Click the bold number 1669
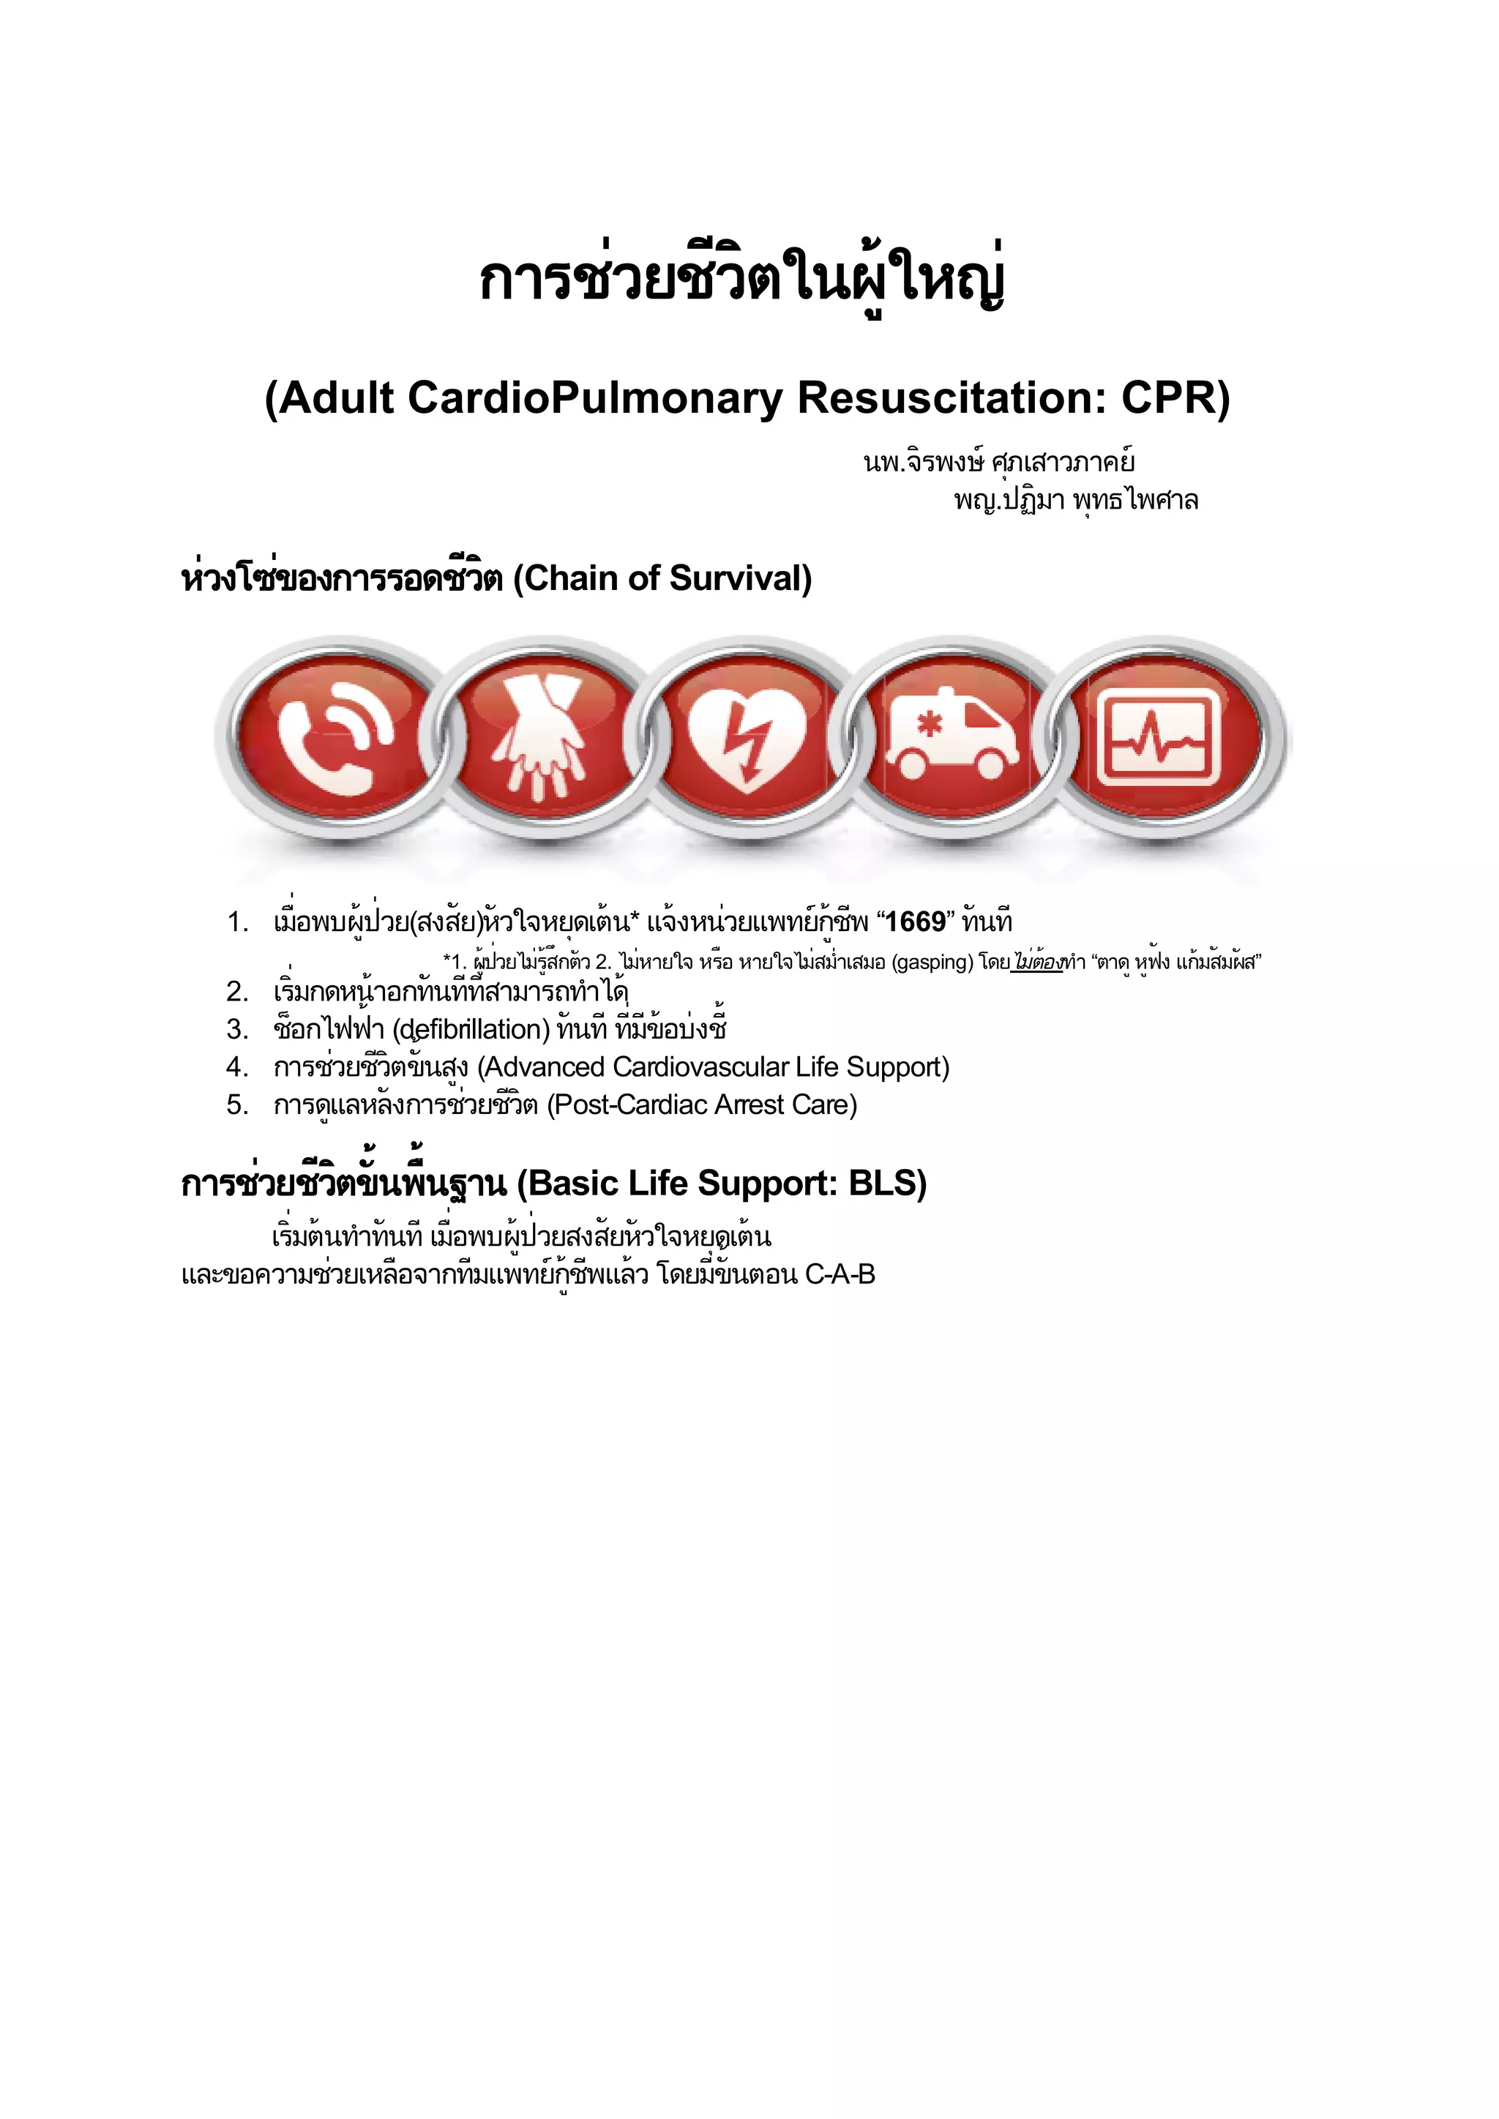tap(916, 922)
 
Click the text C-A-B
tap(840, 1274)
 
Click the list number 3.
tap(237, 1029)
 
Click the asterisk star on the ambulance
tap(930, 724)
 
